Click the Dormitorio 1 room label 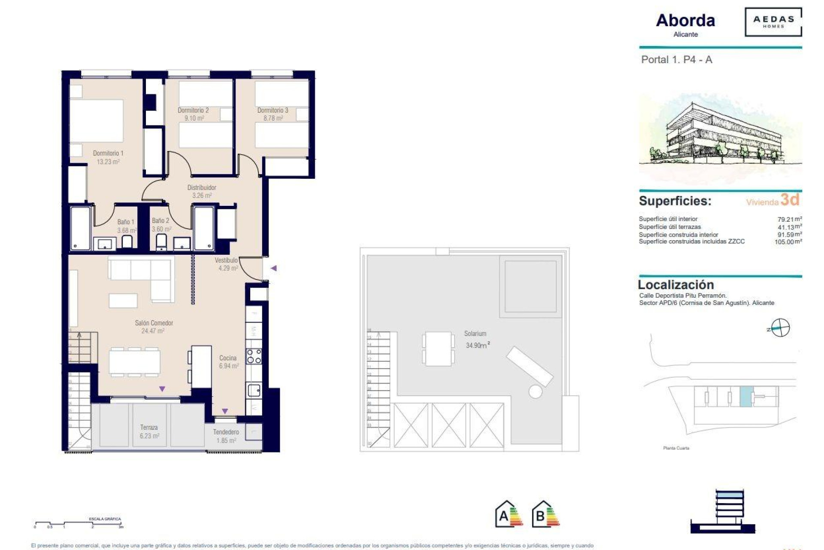click(x=108, y=153)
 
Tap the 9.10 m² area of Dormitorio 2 click(x=194, y=118)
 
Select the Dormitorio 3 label click(x=273, y=110)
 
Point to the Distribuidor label click(x=202, y=188)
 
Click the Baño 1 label click(x=126, y=222)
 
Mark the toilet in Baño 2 click(x=161, y=241)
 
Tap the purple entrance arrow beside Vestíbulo click(x=273, y=268)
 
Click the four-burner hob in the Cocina click(x=254, y=356)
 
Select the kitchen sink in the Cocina click(x=254, y=390)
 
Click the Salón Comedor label click(x=154, y=323)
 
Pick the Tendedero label click(x=226, y=432)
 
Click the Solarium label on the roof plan click(x=475, y=334)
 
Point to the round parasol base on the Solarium click(x=535, y=391)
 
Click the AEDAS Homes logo click(x=773, y=22)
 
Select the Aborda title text click(x=685, y=21)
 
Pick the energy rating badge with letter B click(x=545, y=514)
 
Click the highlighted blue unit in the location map click(x=746, y=396)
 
